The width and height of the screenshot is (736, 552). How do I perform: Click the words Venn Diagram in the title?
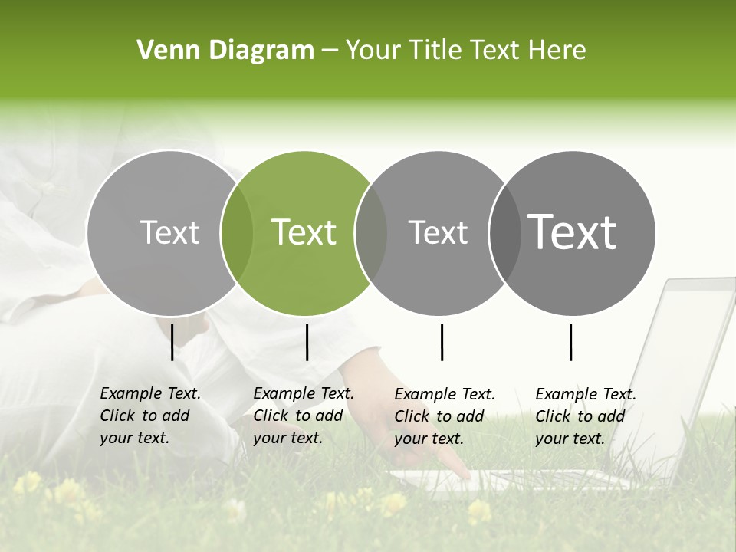225,51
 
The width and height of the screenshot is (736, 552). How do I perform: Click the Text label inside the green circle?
304,232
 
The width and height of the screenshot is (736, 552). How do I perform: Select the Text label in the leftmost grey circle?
169,232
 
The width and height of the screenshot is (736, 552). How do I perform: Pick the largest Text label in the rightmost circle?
573,232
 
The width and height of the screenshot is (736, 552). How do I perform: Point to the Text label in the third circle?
438,232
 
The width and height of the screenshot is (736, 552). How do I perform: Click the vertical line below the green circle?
307,342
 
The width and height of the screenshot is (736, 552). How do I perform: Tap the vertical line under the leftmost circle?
172,342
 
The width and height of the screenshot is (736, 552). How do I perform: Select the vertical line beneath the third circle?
442,342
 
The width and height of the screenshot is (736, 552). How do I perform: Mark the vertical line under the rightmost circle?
570,342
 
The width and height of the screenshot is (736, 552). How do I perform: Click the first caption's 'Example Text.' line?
150,394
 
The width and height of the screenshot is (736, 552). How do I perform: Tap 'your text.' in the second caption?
287,438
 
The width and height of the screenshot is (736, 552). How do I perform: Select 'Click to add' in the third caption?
439,416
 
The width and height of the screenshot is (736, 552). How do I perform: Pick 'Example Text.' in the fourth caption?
586,394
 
